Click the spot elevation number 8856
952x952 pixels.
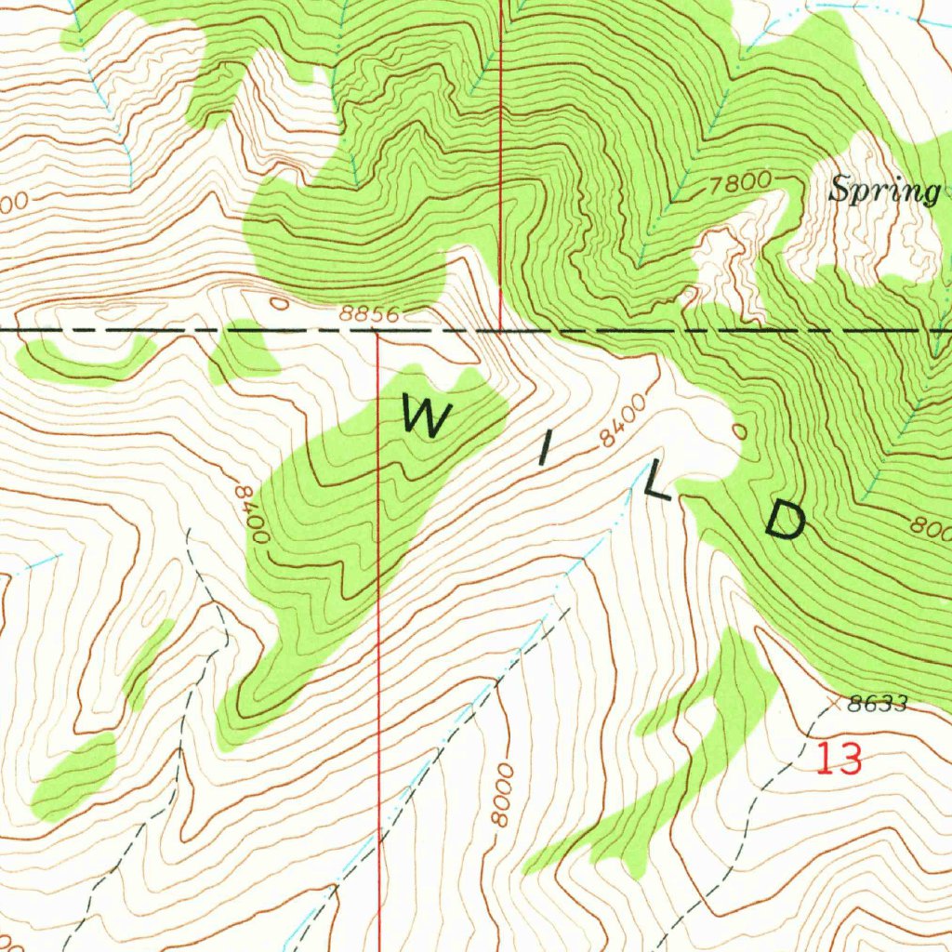pos(369,315)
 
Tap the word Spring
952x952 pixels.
pos(884,192)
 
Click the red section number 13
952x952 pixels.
pos(839,760)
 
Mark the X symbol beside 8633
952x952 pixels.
pos(833,705)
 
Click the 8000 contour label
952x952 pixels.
pos(503,795)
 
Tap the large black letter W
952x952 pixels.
pos(425,416)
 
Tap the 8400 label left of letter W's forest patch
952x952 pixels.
pos(251,513)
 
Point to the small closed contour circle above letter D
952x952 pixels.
pos(739,430)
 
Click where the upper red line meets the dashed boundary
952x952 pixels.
pos(501,330)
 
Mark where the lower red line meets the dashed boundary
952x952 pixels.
pos(377,330)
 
